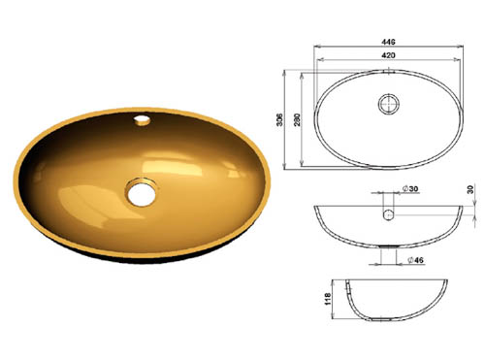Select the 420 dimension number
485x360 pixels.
click(x=386, y=56)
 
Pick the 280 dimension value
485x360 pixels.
click(x=299, y=119)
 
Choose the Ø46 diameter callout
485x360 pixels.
click(x=413, y=260)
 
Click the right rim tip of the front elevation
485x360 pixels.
click(x=461, y=206)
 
